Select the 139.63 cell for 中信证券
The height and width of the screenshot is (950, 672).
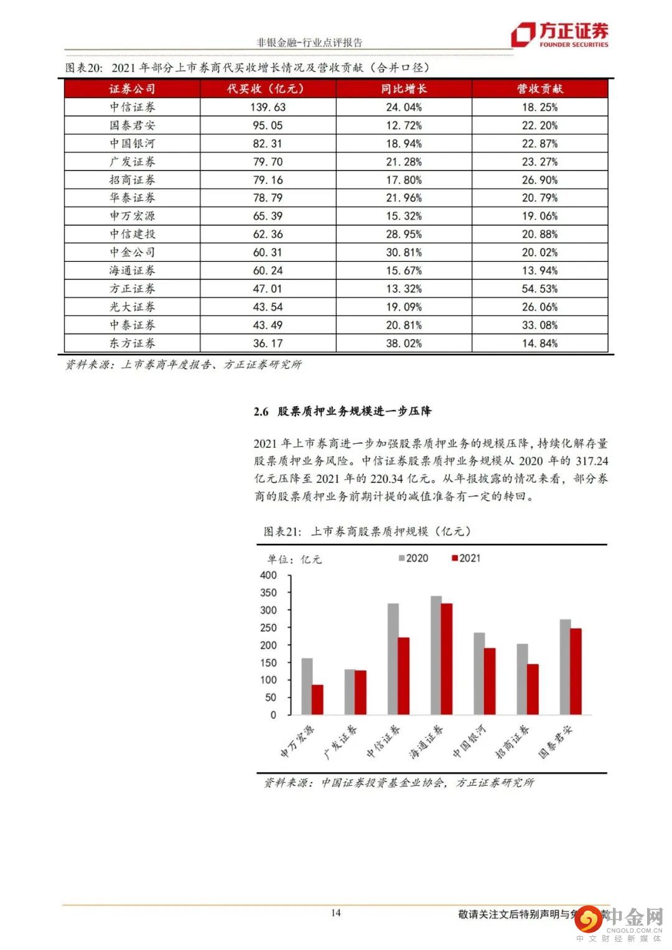coord(268,107)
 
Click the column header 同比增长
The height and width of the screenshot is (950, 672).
coord(404,89)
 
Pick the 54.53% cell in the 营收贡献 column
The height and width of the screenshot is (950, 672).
coord(539,289)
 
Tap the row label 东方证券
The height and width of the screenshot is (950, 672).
coord(133,343)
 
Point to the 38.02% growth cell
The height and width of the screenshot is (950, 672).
coord(404,343)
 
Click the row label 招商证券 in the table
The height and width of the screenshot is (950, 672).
coord(133,180)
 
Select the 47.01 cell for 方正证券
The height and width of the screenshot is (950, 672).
coord(268,289)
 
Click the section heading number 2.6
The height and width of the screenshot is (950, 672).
coord(261,411)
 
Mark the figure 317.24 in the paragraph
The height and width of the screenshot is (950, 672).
coord(590,461)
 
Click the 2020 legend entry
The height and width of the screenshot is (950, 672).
coord(413,558)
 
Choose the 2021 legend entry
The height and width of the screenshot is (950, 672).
coord(466,558)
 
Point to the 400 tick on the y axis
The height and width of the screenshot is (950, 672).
coord(268,575)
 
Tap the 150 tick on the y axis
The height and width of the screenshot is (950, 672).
coord(268,663)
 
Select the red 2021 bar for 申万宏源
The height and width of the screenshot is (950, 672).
coord(318,699)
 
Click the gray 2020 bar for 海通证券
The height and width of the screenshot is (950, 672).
coord(436,655)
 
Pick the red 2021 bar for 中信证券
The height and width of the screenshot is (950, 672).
coord(404,676)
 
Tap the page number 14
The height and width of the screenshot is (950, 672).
coord(336,913)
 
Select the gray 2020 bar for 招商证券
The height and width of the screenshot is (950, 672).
coord(522,679)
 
